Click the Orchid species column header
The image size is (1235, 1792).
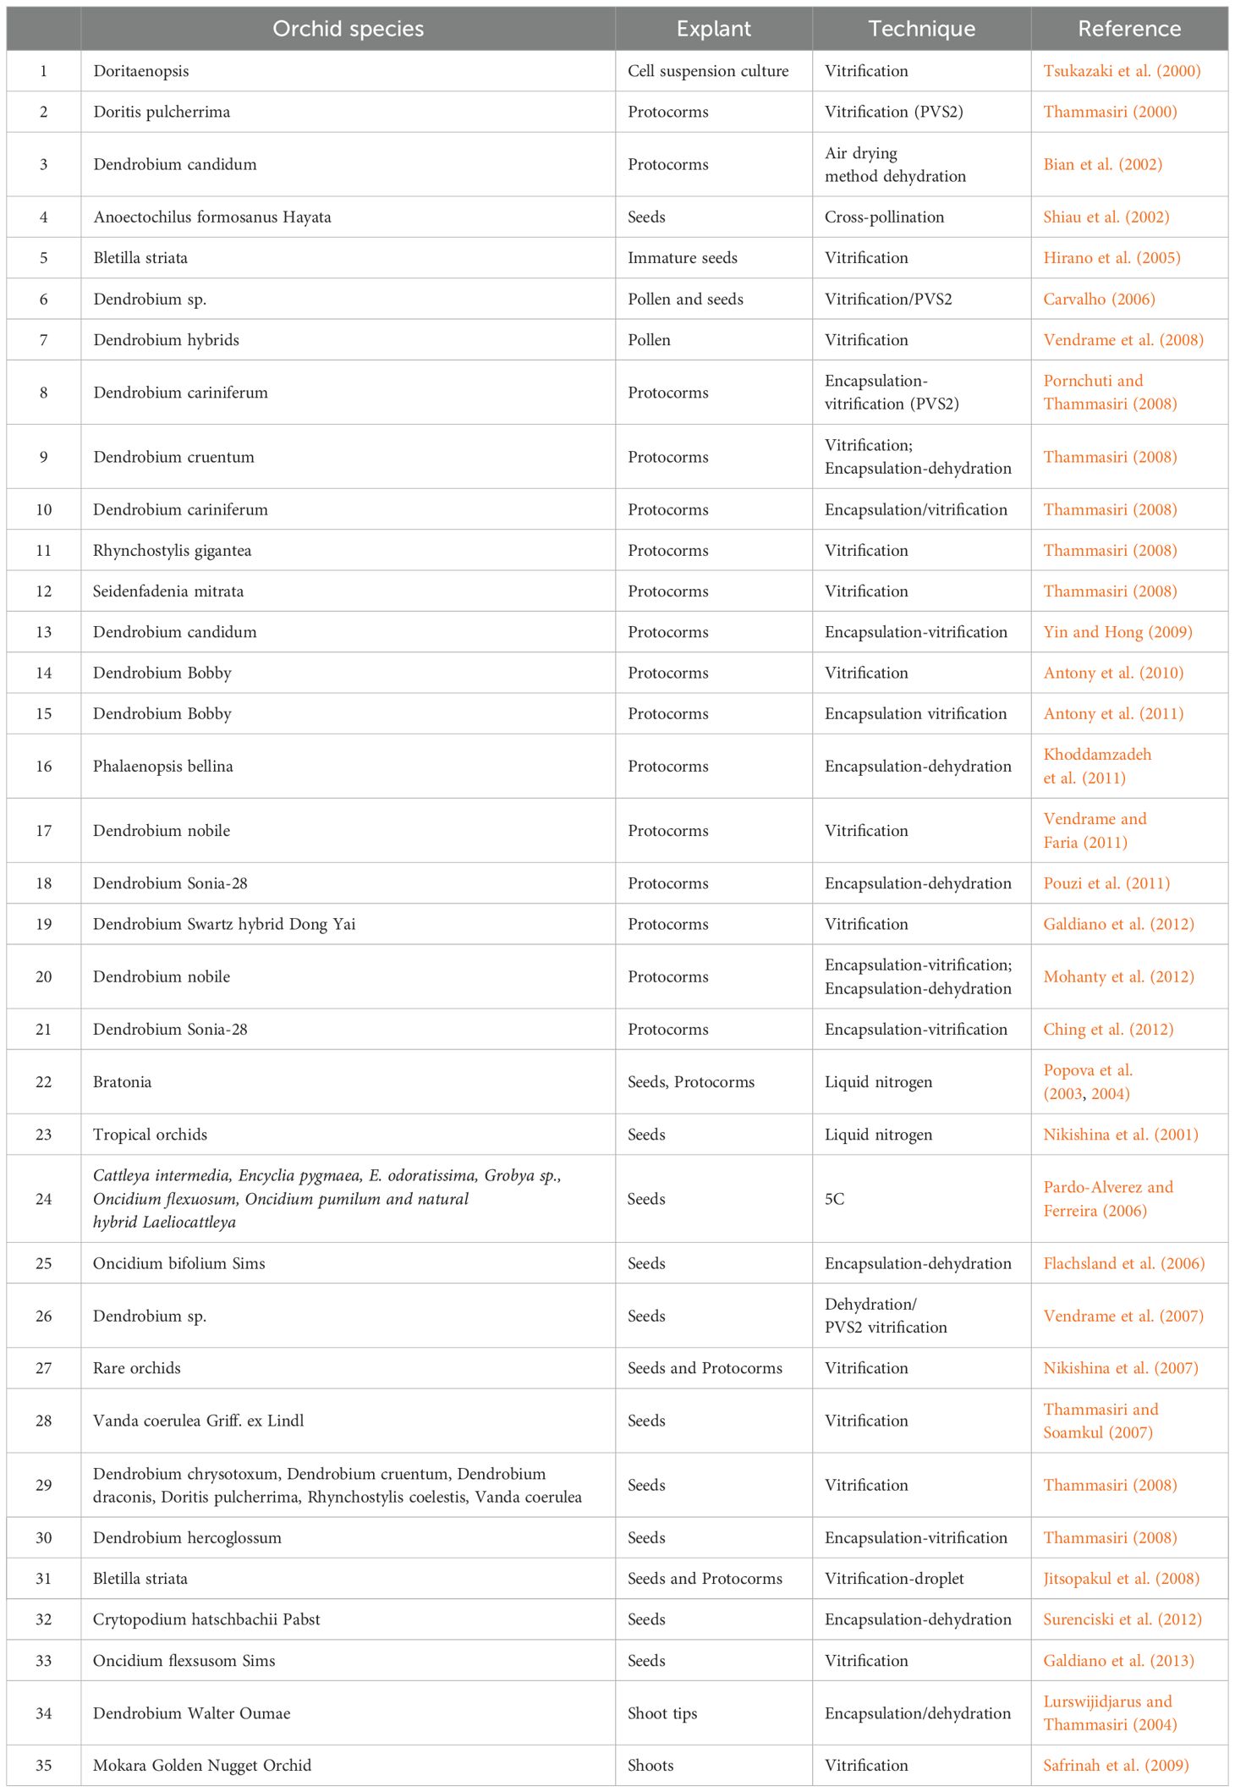[x=348, y=29]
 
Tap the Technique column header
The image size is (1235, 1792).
[x=921, y=29]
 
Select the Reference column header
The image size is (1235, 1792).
[x=1128, y=29]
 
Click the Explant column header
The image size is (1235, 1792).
[x=713, y=29]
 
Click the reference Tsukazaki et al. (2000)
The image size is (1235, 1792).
[x=1122, y=71]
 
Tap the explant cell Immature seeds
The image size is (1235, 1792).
[x=682, y=258]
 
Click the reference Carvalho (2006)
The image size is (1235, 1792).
[x=1099, y=299]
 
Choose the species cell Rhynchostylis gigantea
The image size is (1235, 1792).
[x=172, y=551]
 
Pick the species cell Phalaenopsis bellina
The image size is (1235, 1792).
[x=162, y=767]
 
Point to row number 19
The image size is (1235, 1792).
[x=43, y=924]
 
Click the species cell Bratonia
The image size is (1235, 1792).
[x=122, y=1082]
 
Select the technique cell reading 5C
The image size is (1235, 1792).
[x=834, y=1199]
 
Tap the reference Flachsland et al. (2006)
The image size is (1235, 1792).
[x=1123, y=1263]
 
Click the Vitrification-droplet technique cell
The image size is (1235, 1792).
[x=894, y=1579]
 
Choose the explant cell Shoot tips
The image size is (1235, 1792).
[x=662, y=1713]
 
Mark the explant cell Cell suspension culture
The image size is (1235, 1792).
[x=708, y=71]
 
